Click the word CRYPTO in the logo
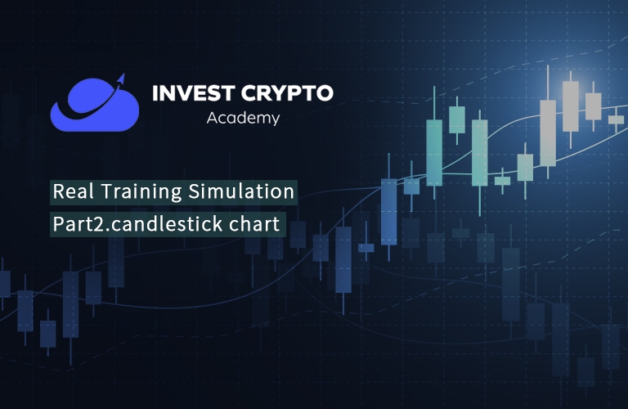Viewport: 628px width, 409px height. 287,93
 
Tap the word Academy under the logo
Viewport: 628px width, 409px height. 243,118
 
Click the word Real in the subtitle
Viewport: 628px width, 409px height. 74,191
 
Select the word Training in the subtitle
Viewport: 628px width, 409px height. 142,192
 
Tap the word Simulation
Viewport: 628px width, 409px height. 241,191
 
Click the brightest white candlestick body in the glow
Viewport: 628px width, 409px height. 570,106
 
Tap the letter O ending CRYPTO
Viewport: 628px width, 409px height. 324,93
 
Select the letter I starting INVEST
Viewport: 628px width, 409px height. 155,93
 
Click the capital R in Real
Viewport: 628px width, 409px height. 59,192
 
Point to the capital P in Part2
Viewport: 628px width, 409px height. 58,224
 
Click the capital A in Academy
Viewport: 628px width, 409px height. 213,117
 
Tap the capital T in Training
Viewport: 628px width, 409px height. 106,192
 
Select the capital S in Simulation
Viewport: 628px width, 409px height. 195,192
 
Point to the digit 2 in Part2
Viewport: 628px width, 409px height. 101,224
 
